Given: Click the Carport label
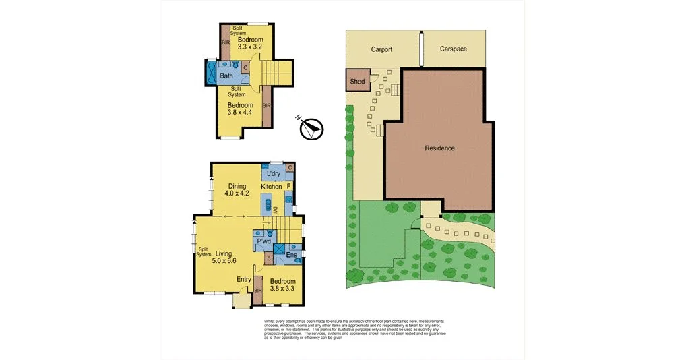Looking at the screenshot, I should [381, 49].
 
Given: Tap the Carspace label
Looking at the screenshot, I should [453, 49].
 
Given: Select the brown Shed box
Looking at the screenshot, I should [357, 81].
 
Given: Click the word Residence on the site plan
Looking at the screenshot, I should [439, 148].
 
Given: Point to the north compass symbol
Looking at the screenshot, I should [311, 127].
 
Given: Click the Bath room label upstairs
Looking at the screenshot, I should [226, 76].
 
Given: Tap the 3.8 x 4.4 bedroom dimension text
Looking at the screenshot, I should [239, 113].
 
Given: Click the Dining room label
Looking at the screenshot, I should [237, 186].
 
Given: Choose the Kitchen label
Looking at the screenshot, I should [271, 186].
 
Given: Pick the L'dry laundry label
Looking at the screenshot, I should [274, 173].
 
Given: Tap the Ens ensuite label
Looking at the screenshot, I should [292, 256].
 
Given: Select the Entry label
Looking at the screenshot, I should [244, 279].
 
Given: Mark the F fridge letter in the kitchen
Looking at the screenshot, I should [288, 185].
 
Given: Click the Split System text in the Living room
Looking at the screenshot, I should [203, 251].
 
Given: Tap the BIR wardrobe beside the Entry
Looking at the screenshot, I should [257, 291].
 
